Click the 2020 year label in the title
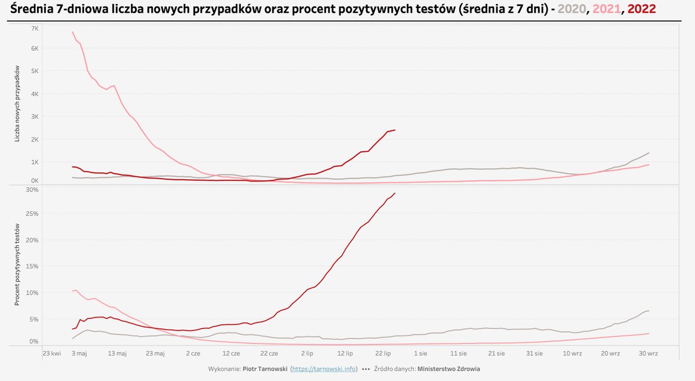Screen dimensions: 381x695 [x=572, y=10]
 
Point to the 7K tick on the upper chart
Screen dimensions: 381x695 [x=35, y=28]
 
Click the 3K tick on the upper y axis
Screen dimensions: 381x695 [x=35, y=117]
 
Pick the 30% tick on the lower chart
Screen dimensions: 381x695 [x=32, y=190]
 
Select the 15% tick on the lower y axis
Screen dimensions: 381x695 [x=32, y=267]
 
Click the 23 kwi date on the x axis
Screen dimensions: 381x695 [x=52, y=353]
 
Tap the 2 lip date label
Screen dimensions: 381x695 [x=307, y=353]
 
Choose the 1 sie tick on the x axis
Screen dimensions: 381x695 [x=420, y=353]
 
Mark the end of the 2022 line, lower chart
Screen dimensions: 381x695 [x=395, y=193]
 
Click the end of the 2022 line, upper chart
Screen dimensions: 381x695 [x=395, y=130]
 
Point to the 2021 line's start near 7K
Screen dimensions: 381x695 [x=72, y=32]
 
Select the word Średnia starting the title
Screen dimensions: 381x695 [x=32, y=10]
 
